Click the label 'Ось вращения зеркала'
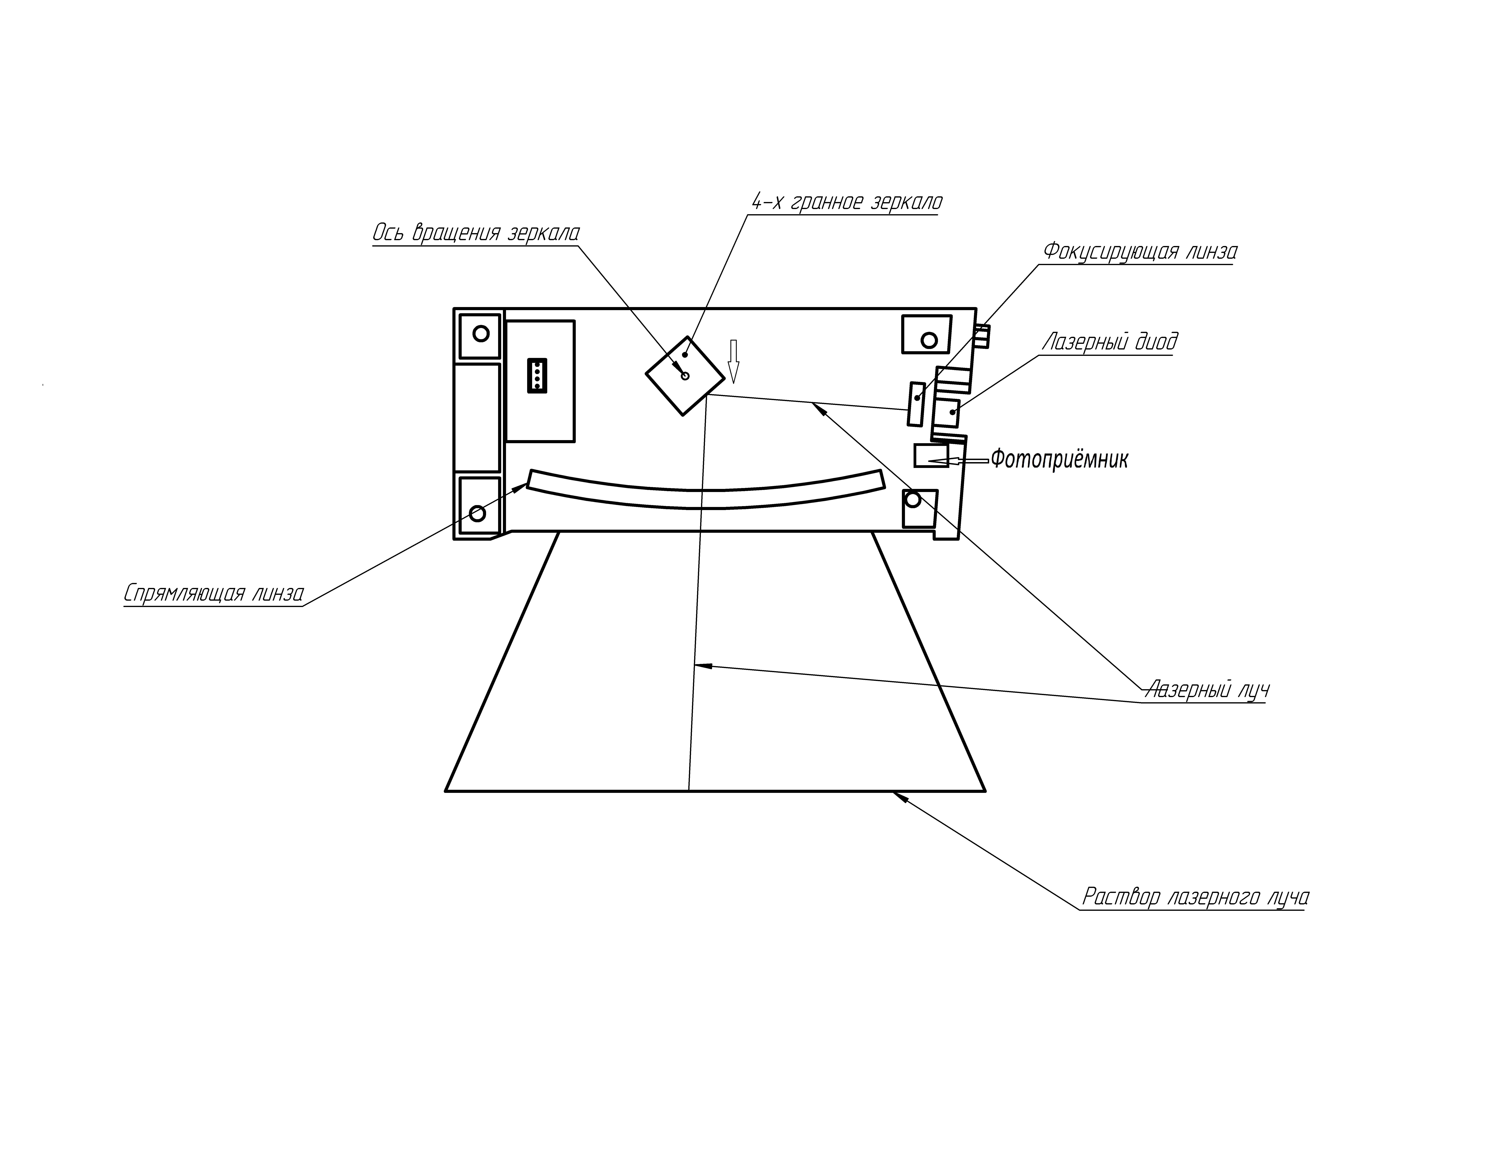coord(476,233)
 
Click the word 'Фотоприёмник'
coord(1059,459)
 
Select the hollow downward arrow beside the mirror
coord(734,362)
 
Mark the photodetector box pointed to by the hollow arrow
coord(931,456)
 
